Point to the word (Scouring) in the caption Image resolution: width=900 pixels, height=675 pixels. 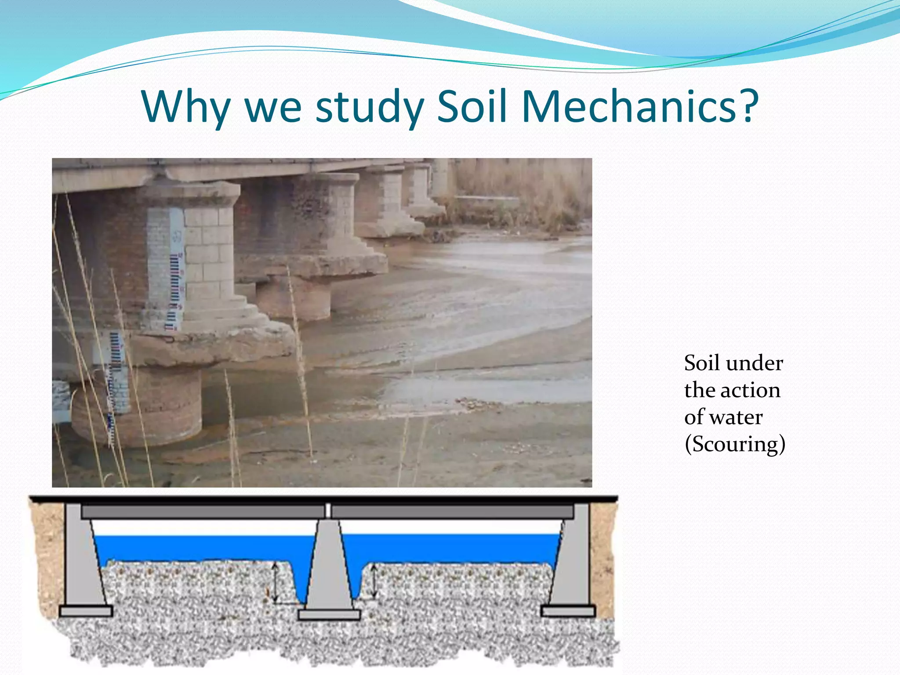735,444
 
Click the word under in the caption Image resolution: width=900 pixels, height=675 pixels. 754,363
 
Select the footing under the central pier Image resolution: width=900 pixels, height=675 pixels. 329,615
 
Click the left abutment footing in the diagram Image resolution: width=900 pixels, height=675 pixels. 86,611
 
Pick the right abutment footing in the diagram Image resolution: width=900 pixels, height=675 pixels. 568,611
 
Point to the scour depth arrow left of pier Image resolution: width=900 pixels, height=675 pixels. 275,583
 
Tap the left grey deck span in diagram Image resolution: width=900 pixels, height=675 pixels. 202,512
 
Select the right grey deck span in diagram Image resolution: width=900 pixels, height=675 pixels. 453,512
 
